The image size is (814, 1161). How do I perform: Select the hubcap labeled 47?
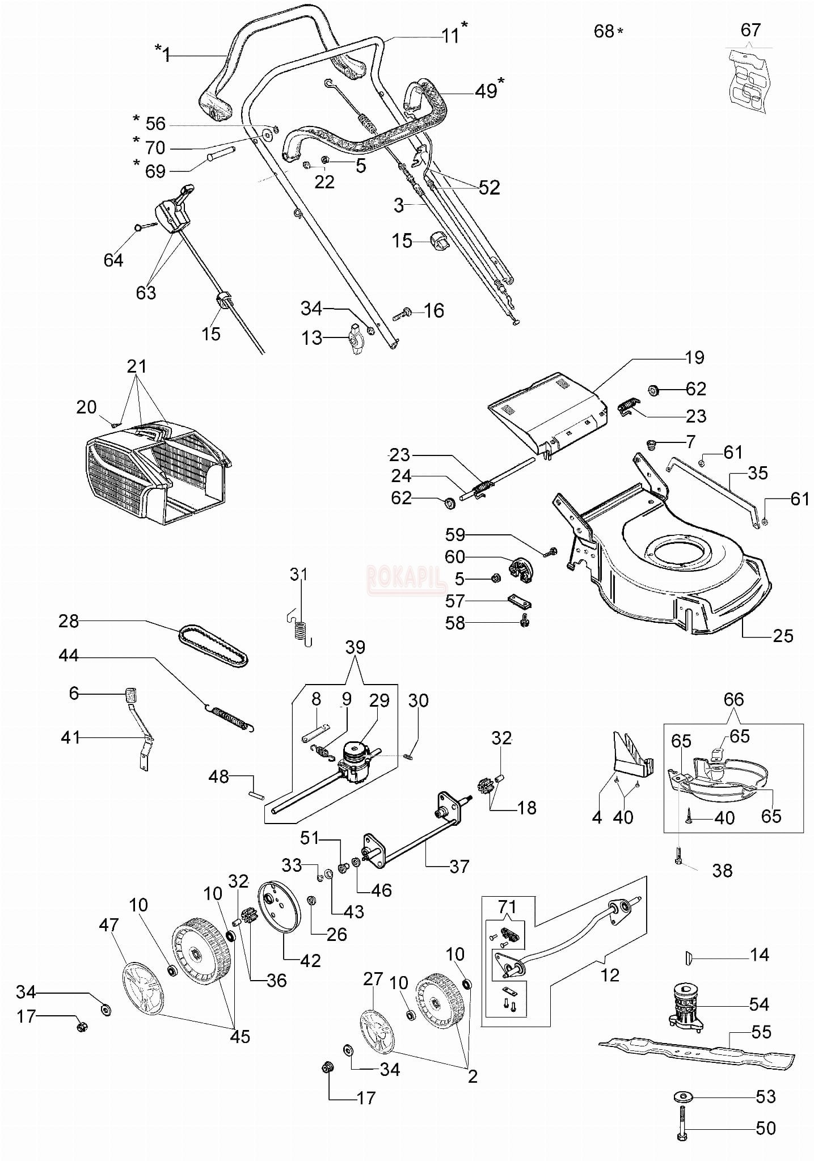pyautogui.click(x=143, y=987)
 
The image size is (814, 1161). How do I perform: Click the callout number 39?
pyautogui.click(x=355, y=648)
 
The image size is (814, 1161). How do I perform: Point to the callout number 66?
pyautogui.click(x=733, y=699)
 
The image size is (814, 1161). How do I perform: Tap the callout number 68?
pyautogui.click(x=604, y=31)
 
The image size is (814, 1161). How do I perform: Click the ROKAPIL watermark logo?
pyautogui.click(x=406, y=579)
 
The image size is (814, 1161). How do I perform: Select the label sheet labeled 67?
pyautogui.click(x=749, y=79)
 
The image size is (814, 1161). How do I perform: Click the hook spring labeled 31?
pyautogui.click(x=301, y=624)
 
